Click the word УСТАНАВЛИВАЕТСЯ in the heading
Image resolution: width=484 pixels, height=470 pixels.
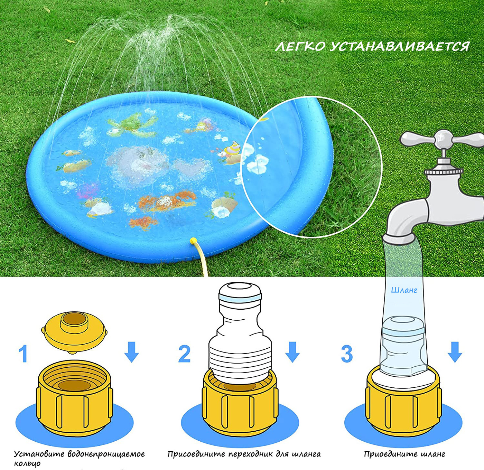399,47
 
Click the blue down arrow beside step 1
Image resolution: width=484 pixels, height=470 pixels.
131,352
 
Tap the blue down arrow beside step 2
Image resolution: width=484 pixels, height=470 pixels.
292,352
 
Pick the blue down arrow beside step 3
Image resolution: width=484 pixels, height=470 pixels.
455,352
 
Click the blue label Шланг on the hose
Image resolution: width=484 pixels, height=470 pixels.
404,290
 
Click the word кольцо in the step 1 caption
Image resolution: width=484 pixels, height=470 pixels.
27,463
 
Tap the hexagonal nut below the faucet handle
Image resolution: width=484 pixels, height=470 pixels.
444,171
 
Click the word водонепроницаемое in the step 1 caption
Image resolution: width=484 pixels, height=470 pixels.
106,454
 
